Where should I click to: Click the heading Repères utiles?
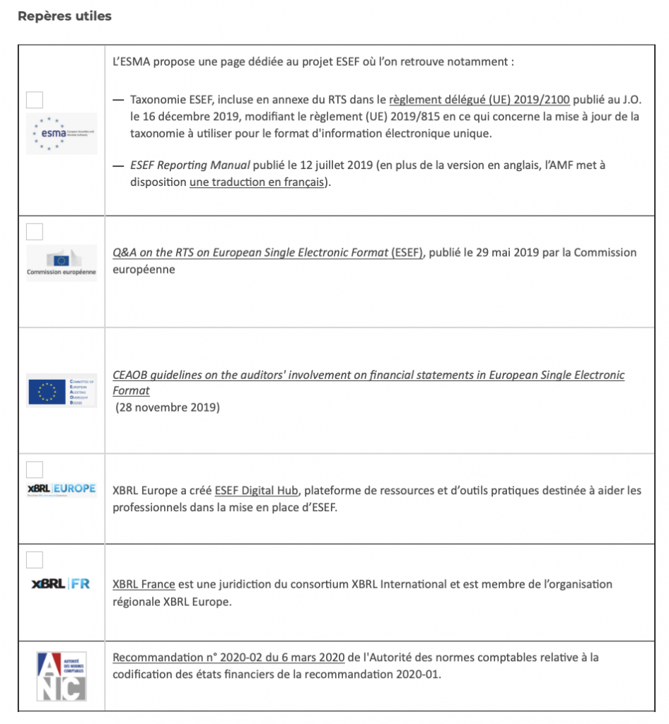tap(64, 16)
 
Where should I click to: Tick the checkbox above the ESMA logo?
tap(34, 100)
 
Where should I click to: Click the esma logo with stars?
tap(62, 134)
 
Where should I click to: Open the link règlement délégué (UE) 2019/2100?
tap(479, 100)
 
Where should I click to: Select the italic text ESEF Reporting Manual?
tap(190, 165)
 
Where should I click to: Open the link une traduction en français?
tap(257, 182)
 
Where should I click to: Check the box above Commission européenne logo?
tap(34, 231)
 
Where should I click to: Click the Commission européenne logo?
tap(62, 263)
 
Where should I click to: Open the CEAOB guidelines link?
tap(368, 375)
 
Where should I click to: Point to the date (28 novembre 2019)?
tap(168, 407)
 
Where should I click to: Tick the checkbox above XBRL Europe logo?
tap(34, 469)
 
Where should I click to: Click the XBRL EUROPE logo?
tap(62, 489)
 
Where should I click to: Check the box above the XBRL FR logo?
tap(34, 560)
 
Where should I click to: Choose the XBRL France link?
tap(144, 585)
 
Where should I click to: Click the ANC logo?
tap(62, 677)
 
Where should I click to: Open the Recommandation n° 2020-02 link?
tap(228, 658)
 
